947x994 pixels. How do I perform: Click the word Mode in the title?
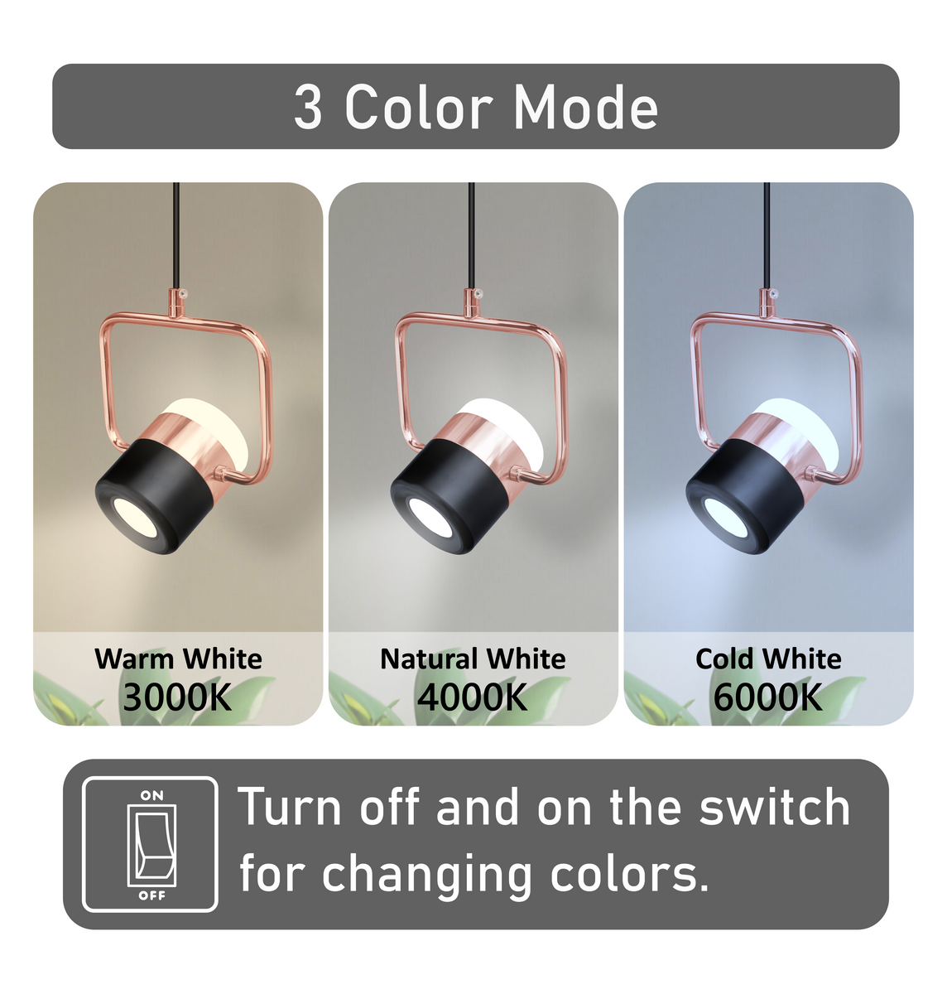pos(586,108)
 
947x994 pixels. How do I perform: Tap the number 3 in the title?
pos(307,108)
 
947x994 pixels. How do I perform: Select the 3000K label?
pos(177,697)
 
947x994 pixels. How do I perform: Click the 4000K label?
pos(473,697)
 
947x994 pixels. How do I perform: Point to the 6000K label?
pos(768,697)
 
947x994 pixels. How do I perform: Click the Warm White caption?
pos(178,659)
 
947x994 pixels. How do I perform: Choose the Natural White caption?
pos(473,659)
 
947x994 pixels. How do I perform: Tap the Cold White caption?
pos(768,659)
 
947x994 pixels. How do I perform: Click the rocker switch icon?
pos(151,844)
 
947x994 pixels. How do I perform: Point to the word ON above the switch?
pos(151,795)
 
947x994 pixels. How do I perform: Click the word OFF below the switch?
pos(151,895)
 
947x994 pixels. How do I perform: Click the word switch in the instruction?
pos(774,808)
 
